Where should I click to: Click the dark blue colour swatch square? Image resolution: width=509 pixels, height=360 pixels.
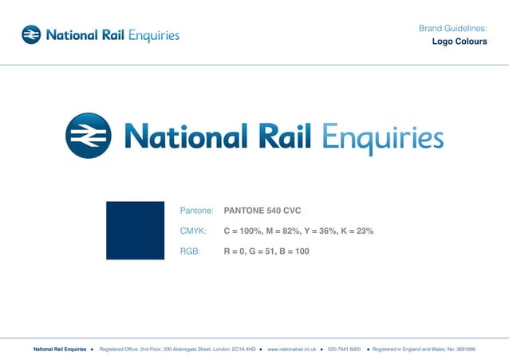tap(135, 231)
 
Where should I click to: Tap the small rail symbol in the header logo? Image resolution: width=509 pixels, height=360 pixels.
tap(31, 34)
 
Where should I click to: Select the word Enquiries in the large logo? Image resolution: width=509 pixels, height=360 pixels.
tap(383, 137)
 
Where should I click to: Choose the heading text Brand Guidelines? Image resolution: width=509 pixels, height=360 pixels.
tap(452, 29)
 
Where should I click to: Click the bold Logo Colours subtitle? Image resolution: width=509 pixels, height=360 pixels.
tap(460, 42)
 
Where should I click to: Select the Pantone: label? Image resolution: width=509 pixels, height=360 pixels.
tap(197, 212)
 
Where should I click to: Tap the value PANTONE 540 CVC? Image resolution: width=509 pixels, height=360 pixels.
tap(262, 212)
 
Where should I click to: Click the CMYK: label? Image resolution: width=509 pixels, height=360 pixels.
tap(194, 231)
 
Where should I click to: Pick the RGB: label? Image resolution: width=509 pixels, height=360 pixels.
tap(191, 251)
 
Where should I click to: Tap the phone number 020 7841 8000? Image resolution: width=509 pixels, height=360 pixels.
tap(344, 349)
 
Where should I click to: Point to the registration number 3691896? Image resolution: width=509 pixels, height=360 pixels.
tap(462, 349)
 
